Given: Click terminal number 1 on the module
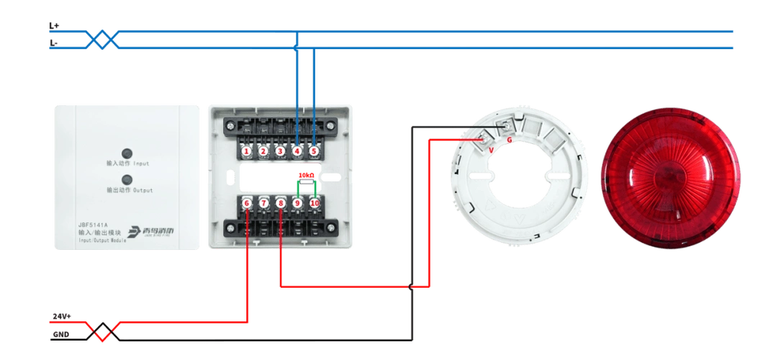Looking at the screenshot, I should click(246, 151).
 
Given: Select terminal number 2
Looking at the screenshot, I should click(263, 151).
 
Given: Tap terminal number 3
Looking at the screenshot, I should click(281, 151).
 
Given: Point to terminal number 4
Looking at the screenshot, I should click(297, 151).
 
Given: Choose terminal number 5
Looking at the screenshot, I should click(315, 151).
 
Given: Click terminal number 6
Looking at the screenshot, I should click(246, 204).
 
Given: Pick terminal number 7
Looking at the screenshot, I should click(263, 204).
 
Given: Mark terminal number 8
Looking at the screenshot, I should click(281, 204).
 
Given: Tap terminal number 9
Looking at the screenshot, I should click(297, 204).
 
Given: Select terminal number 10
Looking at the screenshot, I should click(315, 204).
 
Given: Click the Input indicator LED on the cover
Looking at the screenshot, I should click(127, 153).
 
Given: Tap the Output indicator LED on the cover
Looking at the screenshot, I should click(127, 179).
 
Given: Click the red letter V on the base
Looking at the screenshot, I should click(491, 149).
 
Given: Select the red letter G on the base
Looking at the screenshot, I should click(510, 139).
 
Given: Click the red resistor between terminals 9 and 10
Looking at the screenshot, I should click(307, 174).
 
